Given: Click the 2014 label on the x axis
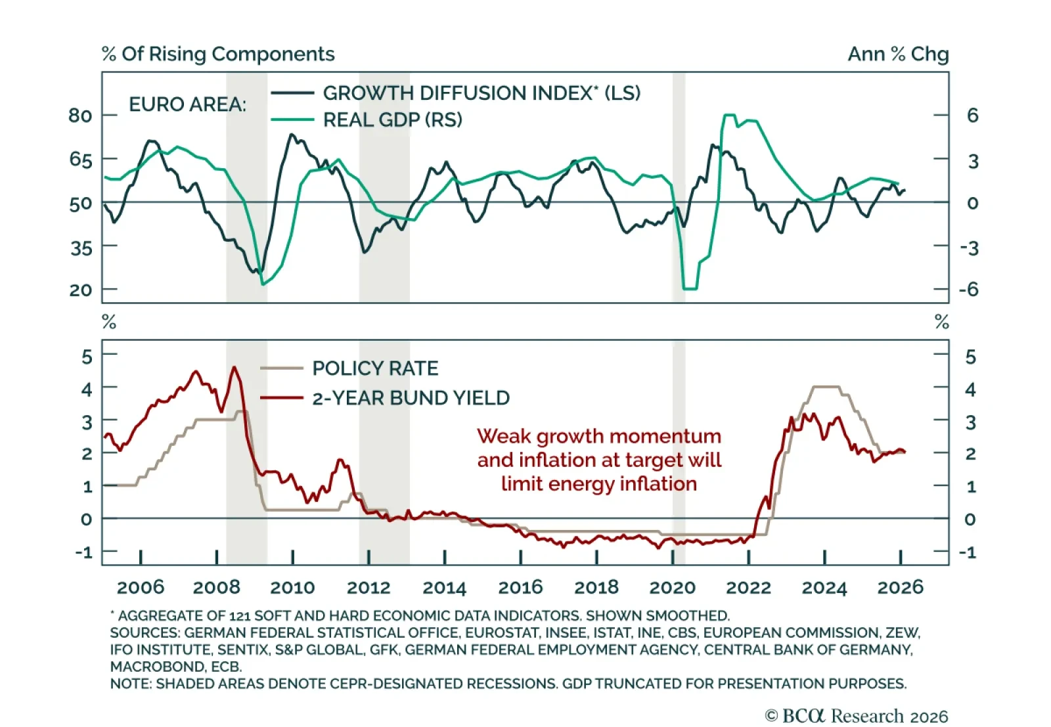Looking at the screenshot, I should click(x=444, y=587).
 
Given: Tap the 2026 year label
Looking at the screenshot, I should click(x=900, y=587).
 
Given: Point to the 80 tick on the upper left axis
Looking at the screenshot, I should click(x=80, y=116).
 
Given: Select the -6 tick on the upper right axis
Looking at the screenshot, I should click(x=968, y=290).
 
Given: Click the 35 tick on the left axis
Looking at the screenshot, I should click(x=80, y=248).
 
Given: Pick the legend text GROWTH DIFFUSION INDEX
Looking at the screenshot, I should click(x=481, y=93).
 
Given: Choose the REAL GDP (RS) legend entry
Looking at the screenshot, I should click(x=393, y=120).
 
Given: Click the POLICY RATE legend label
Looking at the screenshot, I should click(x=375, y=368).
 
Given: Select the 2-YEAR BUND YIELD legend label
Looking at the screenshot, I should click(x=411, y=398).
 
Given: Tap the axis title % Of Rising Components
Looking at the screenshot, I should click(x=218, y=54).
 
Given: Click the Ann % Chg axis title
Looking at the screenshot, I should click(x=898, y=54).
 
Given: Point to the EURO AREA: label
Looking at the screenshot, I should click(x=187, y=104).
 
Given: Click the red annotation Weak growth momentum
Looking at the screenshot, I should click(x=598, y=436).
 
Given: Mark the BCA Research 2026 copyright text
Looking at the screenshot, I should click(x=857, y=716).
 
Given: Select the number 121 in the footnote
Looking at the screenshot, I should click(x=240, y=616).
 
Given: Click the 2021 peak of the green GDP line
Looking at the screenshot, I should click(x=728, y=116).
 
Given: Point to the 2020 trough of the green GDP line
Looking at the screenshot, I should click(x=690, y=288).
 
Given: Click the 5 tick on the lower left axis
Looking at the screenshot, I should click(x=87, y=357).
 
